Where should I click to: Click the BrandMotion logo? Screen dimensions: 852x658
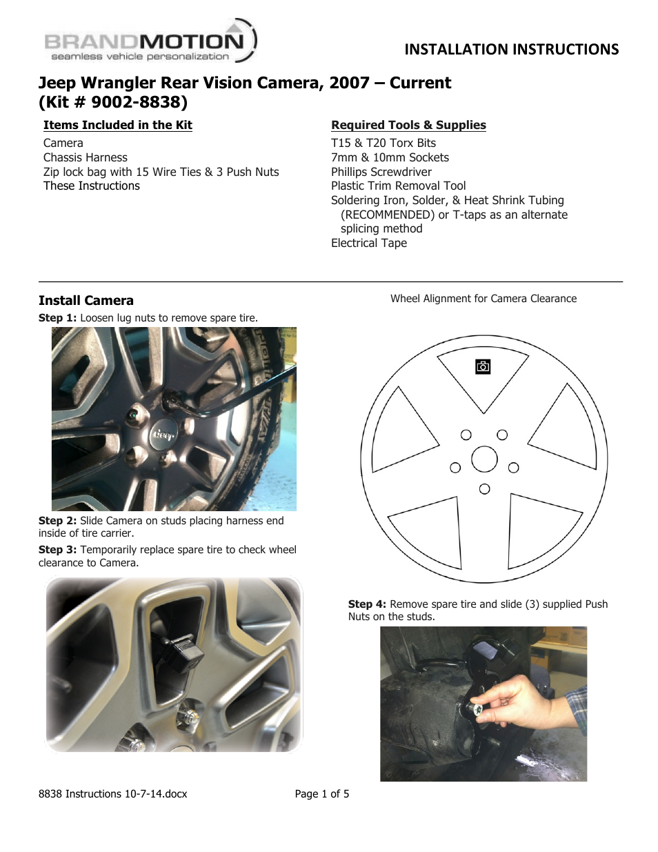point(150,43)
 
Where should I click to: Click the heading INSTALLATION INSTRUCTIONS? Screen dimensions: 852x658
point(511,50)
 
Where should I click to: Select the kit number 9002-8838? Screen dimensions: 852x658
point(139,102)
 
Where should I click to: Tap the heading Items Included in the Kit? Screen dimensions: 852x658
point(117,125)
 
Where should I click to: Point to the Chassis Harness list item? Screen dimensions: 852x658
point(86,157)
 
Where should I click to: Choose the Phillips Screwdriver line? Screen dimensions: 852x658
point(381,172)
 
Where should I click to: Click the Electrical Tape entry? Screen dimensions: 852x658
point(368,243)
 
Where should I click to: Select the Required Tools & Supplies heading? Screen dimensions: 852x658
point(408,125)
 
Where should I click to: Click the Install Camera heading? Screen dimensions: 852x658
point(86,300)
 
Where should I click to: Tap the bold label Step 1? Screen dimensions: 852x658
point(57,318)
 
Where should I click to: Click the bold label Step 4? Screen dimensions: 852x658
point(367,604)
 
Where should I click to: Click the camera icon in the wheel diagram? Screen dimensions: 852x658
point(483,366)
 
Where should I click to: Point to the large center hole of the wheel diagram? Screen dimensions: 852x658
point(484,459)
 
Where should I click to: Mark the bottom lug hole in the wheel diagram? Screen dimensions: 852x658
point(484,489)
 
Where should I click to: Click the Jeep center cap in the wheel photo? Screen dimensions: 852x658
point(164,433)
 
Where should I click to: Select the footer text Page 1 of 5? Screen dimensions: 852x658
point(322,794)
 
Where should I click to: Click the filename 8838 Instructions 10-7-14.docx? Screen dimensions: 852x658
point(113,794)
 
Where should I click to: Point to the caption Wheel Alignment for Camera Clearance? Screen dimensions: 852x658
point(483,299)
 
